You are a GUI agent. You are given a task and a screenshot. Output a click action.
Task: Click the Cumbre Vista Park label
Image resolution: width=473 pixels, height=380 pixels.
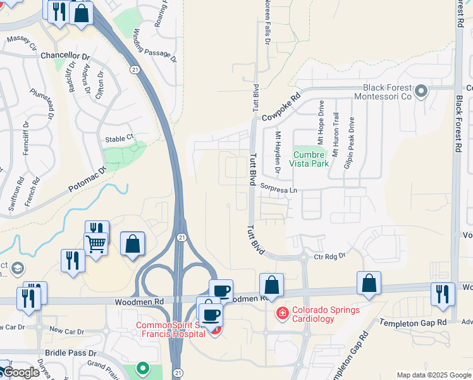pyautogui.click(x=310, y=158)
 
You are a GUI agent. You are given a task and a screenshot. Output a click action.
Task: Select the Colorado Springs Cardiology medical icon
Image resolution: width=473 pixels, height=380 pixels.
pyautogui.click(x=281, y=313)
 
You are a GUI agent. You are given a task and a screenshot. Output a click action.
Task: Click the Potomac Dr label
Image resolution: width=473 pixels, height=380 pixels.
pyautogui.click(x=86, y=180)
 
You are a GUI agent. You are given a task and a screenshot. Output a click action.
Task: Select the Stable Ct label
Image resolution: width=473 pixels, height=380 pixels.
pyautogui.click(x=120, y=137)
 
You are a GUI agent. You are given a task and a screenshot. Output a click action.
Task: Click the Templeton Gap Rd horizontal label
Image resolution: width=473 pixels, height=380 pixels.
pyautogui.click(x=413, y=323)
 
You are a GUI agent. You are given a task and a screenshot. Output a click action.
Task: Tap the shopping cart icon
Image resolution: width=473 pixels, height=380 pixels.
pyautogui.click(x=95, y=243)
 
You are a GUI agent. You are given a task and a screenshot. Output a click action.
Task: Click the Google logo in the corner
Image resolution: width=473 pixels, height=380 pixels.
pyautogui.click(x=21, y=372)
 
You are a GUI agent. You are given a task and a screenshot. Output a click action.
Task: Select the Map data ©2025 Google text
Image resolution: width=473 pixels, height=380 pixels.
pyautogui.click(x=434, y=375)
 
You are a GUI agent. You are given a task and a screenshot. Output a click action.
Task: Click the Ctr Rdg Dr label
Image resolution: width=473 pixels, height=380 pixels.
pyautogui.click(x=331, y=256)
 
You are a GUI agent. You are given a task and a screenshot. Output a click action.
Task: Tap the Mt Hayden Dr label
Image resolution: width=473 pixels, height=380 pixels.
pyautogui.click(x=277, y=155)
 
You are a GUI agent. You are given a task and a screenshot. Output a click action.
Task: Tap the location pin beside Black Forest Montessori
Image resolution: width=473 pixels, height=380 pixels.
pyautogui.click(x=422, y=92)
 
